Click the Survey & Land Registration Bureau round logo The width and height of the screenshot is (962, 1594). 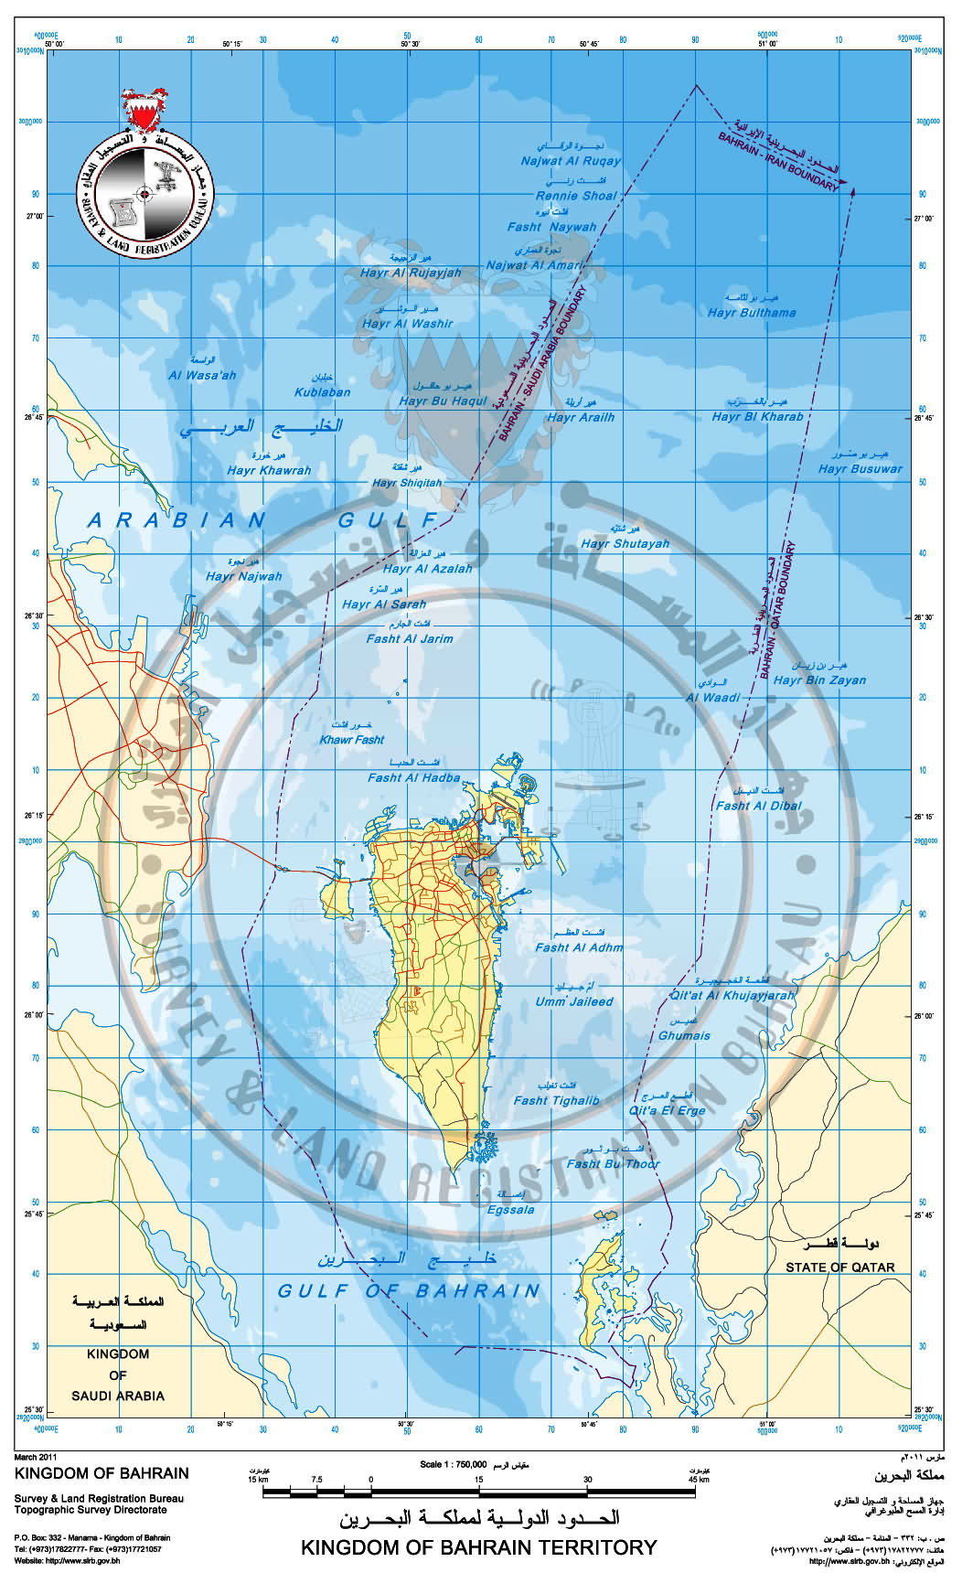145,194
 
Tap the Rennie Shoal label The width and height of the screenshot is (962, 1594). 576,196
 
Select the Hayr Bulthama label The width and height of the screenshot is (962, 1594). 752,313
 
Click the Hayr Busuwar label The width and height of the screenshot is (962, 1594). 860,469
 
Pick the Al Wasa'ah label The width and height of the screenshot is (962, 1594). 202,375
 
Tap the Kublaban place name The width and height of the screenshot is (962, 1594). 322,392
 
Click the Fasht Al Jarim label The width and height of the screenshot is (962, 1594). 410,639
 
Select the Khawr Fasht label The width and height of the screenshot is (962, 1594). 352,740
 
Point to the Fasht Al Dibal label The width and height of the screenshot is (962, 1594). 758,806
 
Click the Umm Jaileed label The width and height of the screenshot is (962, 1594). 574,1001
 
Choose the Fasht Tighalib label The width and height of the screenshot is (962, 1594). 556,1101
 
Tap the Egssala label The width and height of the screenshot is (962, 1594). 510,1210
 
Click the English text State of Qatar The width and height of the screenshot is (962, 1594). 839,1268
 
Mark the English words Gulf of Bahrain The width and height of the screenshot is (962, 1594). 409,1291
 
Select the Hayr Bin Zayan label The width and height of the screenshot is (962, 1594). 819,680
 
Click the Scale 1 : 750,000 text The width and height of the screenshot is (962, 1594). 453,1464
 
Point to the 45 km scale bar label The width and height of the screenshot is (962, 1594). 699,1479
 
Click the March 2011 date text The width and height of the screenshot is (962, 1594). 36,1456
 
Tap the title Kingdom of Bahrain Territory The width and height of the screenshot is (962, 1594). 479,1547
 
